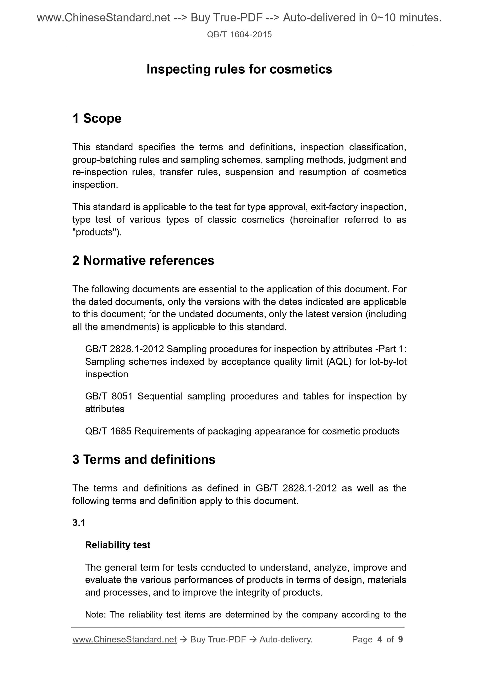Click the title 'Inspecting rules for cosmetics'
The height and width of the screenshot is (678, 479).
point(239,69)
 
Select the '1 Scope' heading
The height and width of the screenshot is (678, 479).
point(97,118)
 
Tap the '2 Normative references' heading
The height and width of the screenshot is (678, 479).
point(143,260)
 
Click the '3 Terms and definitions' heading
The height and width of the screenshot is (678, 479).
point(144,459)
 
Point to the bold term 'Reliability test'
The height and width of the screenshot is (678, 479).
point(118,545)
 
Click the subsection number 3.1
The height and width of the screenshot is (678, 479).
point(79,523)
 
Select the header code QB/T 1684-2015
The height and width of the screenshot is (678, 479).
point(239,34)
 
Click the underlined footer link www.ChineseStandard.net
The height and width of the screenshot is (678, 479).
point(124,639)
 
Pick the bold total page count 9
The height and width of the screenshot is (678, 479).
point(400,639)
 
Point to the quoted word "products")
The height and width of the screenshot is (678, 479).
point(97,232)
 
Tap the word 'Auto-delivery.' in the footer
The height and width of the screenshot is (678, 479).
point(286,639)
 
